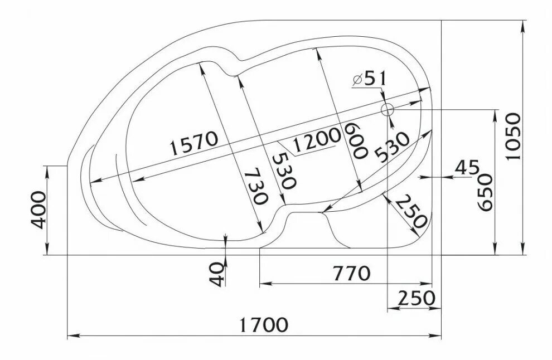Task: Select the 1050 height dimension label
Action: [513, 136]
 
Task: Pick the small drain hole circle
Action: [387, 109]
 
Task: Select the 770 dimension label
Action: [351, 274]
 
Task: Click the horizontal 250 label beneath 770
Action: [416, 298]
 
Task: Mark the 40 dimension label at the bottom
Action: [217, 274]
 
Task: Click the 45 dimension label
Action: [467, 167]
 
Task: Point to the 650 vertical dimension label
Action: [485, 192]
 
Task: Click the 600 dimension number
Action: [355, 140]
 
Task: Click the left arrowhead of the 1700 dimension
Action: [70, 336]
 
